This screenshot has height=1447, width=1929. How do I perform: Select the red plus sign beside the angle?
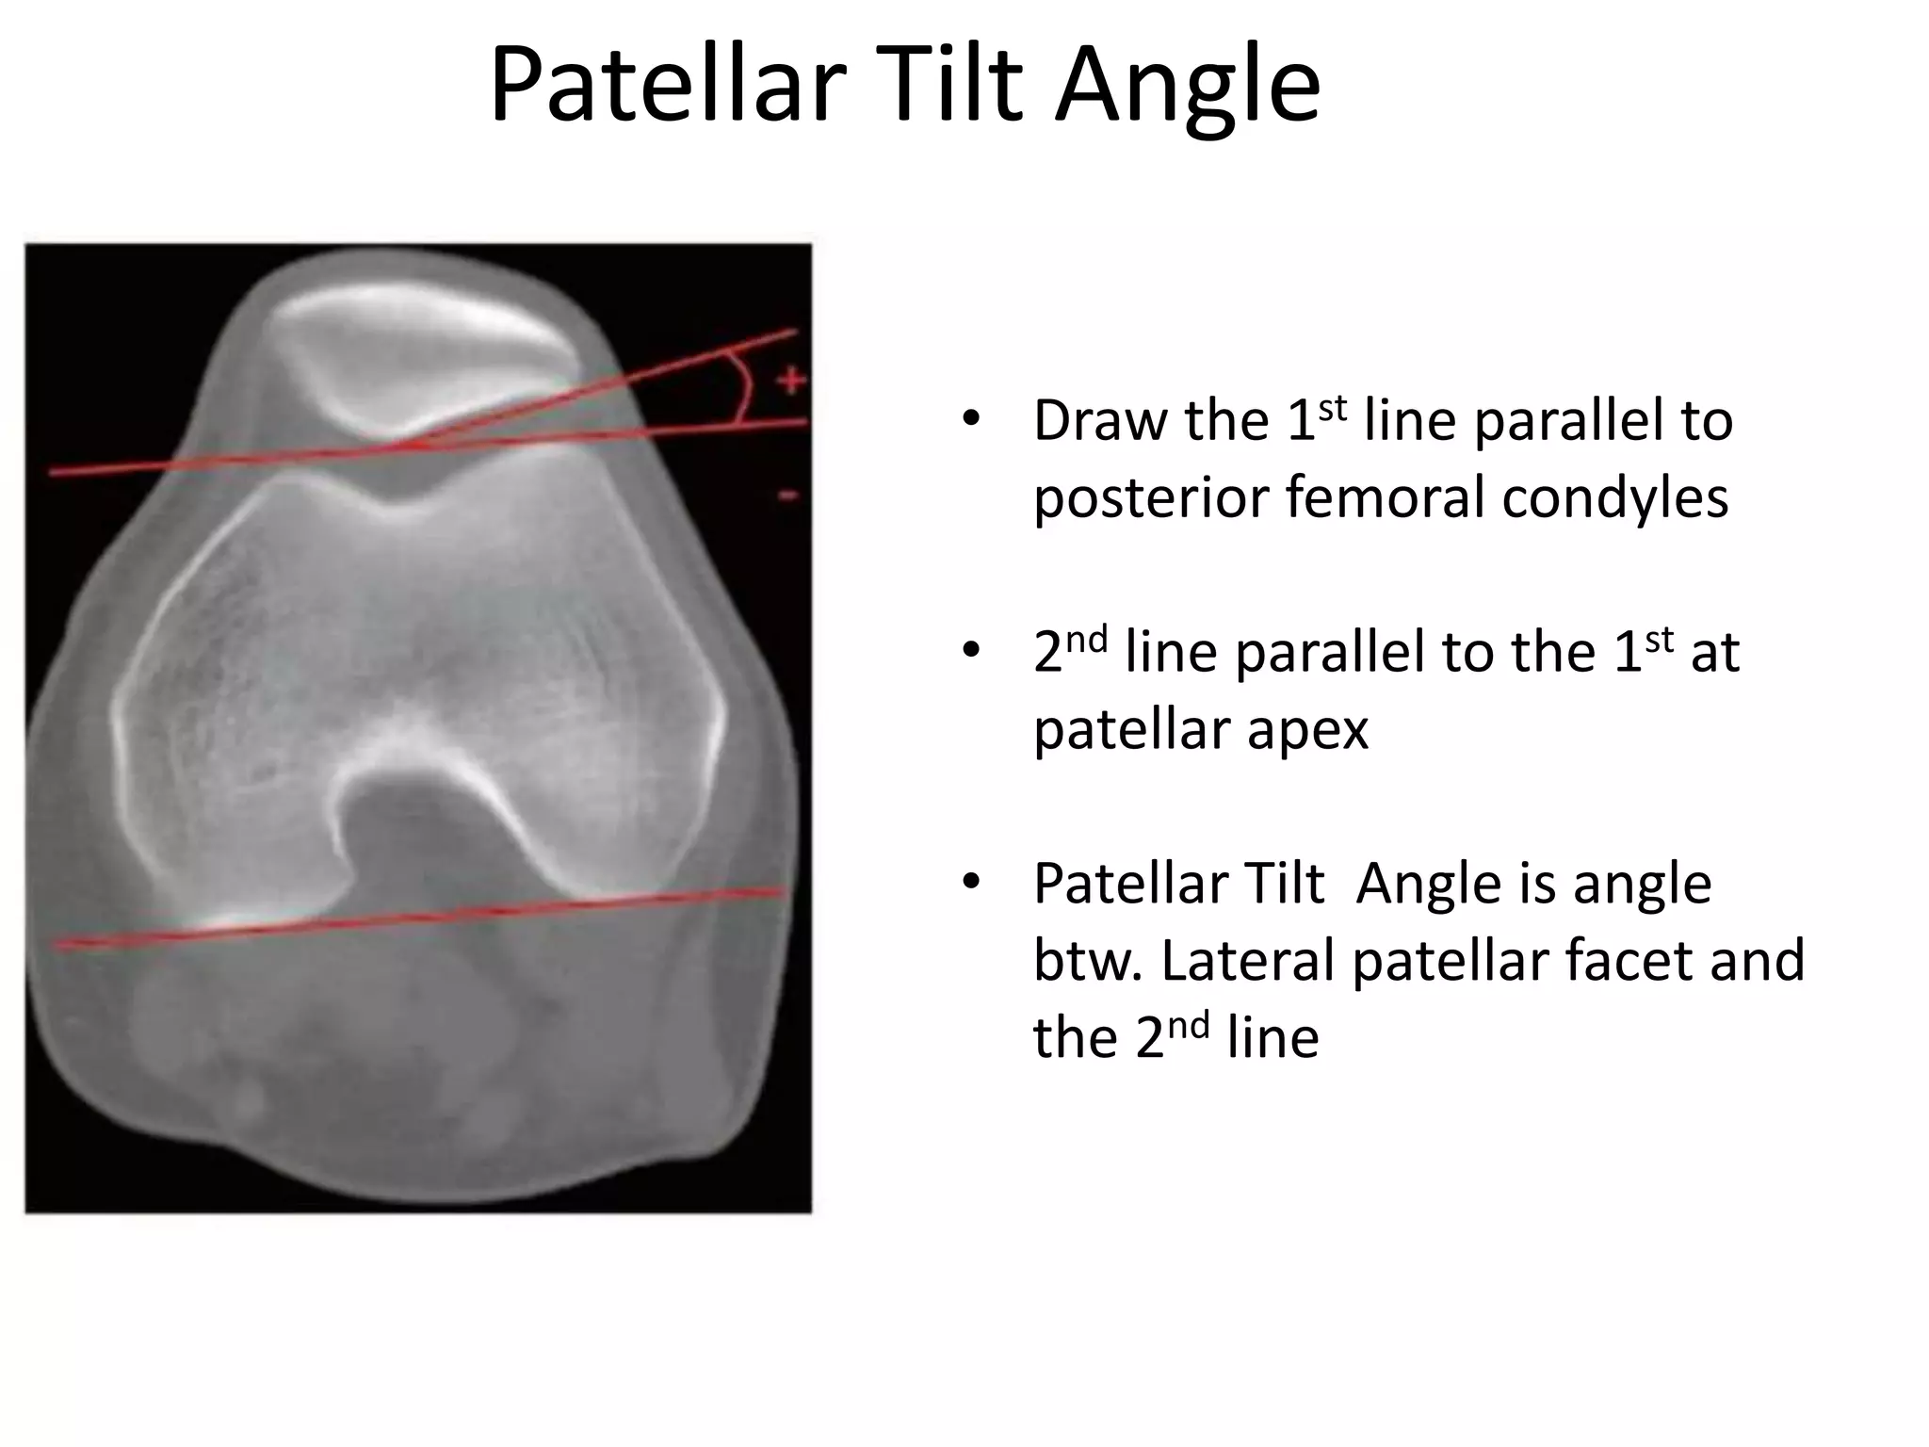(x=791, y=382)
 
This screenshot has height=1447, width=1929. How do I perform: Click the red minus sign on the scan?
(x=790, y=496)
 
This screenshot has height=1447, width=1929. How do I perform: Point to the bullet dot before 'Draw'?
(x=971, y=418)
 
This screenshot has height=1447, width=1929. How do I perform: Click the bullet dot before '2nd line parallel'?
(x=971, y=650)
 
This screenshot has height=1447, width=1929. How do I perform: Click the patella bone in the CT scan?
(x=424, y=367)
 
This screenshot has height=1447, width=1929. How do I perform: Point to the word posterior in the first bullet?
(x=1151, y=499)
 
